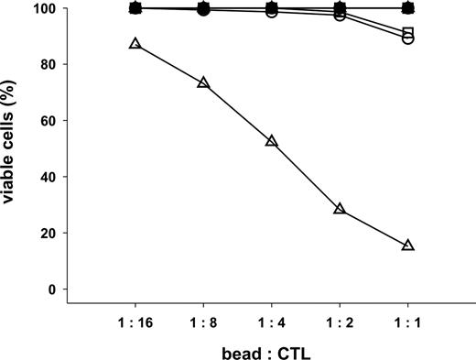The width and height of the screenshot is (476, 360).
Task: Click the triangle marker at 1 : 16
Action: (135, 44)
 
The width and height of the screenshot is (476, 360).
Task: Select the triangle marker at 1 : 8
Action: (203, 83)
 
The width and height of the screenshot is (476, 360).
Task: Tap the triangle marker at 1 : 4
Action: (271, 141)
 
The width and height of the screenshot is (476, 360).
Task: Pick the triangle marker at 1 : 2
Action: (340, 209)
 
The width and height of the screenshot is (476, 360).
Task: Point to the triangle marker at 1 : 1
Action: (407, 245)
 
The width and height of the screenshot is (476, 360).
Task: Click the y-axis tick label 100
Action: (47, 9)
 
